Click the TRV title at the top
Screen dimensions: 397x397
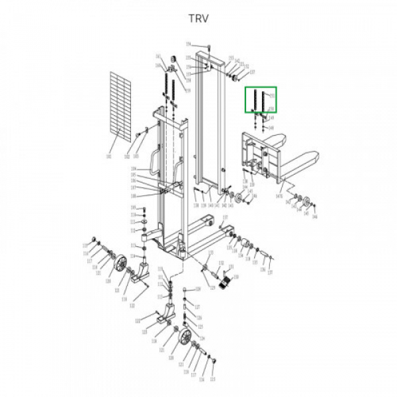click(198, 19)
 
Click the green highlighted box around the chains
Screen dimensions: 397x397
click(261, 101)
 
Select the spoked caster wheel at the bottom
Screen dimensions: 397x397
click(185, 341)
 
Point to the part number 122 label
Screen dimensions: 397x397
click(132, 305)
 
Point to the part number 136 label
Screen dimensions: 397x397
click(262, 269)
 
